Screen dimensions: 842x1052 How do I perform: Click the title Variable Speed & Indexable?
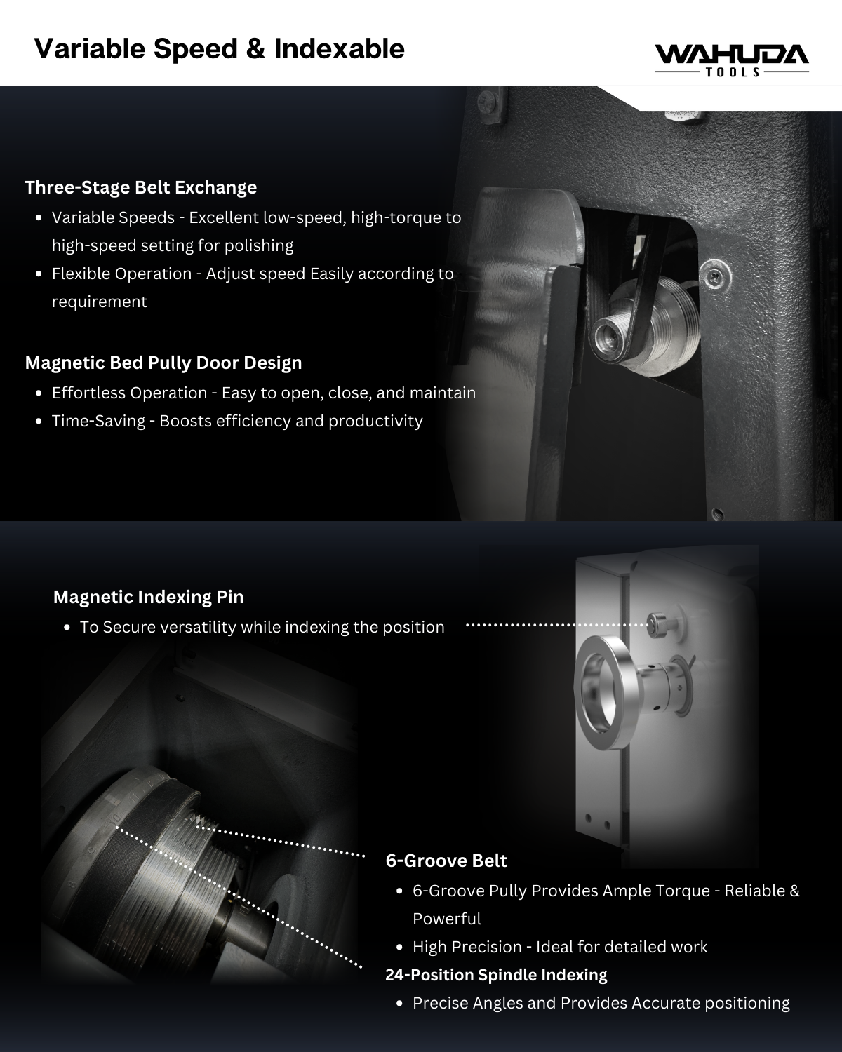coord(219,49)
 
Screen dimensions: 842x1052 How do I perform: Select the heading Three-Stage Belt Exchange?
coord(141,188)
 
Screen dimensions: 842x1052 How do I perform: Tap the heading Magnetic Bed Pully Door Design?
coord(163,363)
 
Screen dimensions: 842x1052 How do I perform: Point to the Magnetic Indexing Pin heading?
coord(148,597)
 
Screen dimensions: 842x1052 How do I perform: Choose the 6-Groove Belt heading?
coord(446,861)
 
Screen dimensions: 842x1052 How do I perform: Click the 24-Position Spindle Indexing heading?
coord(496,975)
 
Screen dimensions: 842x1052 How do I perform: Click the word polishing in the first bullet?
coord(259,245)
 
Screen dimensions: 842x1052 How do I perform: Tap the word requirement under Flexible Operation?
coord(100,302)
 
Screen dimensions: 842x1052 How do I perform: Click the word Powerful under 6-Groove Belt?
coord(447,919)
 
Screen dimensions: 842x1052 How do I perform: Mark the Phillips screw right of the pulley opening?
coord(715,277)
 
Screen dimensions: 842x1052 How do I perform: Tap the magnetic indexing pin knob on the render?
coord(657,624)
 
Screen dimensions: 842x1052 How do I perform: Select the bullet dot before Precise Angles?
coord(400,1004)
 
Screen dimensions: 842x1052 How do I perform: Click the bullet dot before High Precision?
coord(400,948)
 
